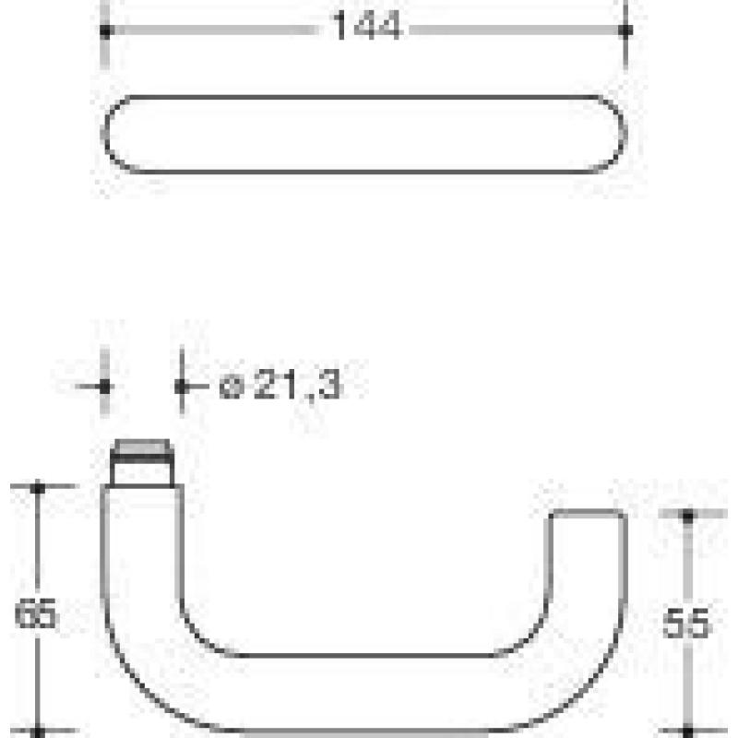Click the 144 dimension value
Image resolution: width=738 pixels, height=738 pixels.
coord(366,27)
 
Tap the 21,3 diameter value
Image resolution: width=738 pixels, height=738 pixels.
coord(297,385)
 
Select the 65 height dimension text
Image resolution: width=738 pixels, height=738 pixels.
coord(36,613)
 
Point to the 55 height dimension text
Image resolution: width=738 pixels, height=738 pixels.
coord(685,624)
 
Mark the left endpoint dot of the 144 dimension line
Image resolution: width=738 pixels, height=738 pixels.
coord(105,31)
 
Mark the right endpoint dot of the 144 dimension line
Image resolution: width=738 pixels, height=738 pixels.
coord(625,30)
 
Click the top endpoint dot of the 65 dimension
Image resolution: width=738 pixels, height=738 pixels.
coord(37,488)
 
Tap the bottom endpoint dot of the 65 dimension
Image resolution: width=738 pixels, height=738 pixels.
coord(37,732)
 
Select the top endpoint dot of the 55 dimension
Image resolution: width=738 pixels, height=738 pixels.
coord(688,518)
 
